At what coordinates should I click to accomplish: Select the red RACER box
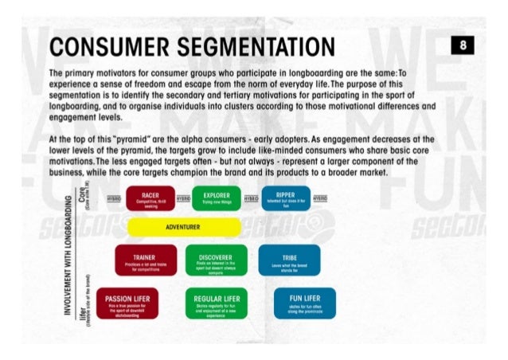150,199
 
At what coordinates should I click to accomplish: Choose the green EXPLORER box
216,199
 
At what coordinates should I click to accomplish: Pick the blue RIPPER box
284,199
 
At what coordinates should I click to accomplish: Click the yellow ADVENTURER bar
183,227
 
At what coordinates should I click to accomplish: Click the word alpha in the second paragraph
198,138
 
